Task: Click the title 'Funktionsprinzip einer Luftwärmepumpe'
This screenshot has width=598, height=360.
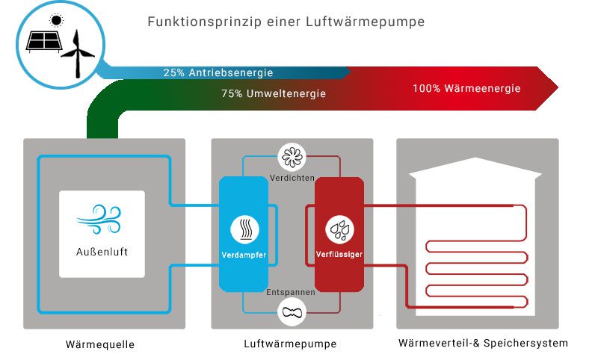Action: [287, 22]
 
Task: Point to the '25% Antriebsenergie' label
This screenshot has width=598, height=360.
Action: [218, 73]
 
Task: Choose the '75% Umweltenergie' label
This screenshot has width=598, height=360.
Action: [274, 95]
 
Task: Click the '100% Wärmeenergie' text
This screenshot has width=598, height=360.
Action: [466, 88]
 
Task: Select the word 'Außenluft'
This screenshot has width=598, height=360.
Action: [102, 252]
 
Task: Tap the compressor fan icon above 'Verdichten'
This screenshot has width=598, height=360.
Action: [290, 157]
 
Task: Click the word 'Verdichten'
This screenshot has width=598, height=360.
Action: [290, 177]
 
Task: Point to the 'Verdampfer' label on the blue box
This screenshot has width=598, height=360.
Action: [244, 255]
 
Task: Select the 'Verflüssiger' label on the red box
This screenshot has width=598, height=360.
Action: [339, 255]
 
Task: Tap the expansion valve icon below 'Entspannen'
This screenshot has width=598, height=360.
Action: [290, 313]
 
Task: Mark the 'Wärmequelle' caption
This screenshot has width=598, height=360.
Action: [99, 344]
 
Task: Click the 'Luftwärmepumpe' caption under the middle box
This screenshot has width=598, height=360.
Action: [290, 344]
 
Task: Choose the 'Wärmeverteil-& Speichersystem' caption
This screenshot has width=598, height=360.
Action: [483, 344]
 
